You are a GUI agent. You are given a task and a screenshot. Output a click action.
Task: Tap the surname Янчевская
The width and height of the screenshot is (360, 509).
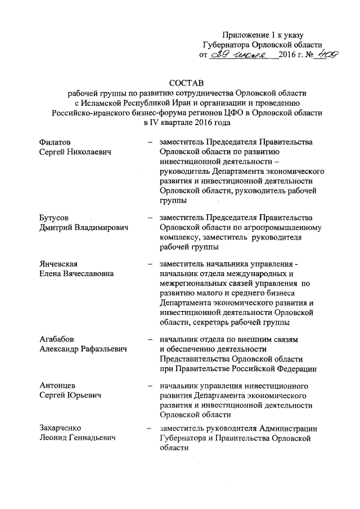click(58, 264)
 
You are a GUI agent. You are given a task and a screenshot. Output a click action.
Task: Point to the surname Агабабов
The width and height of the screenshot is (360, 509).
click(57, 339)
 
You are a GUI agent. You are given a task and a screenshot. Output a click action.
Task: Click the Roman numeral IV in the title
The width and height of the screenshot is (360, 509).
click(152, 122)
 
